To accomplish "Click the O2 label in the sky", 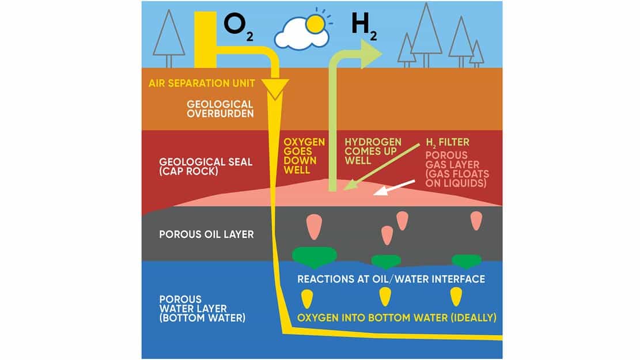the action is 238,27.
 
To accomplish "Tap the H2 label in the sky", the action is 364,27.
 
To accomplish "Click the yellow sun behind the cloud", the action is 315,25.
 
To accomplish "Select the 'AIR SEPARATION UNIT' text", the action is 202,84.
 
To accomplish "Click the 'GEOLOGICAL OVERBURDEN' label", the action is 220,109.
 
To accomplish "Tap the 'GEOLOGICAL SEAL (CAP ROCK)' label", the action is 206,166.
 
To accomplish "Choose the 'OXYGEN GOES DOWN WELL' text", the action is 304,156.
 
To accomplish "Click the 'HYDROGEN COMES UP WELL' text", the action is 373,151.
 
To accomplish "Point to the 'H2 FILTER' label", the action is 448,142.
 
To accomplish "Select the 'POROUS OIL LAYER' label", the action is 207,234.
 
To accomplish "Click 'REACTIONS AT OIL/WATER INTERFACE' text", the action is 391,279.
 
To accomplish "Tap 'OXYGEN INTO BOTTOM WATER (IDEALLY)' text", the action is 397,317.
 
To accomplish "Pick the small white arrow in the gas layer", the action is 394,187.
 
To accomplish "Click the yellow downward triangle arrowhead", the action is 275,88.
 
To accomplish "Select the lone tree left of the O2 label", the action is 169,39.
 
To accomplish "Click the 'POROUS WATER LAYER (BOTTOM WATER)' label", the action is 202,309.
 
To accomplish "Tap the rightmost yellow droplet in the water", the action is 456,297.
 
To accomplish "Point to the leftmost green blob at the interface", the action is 315,256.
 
